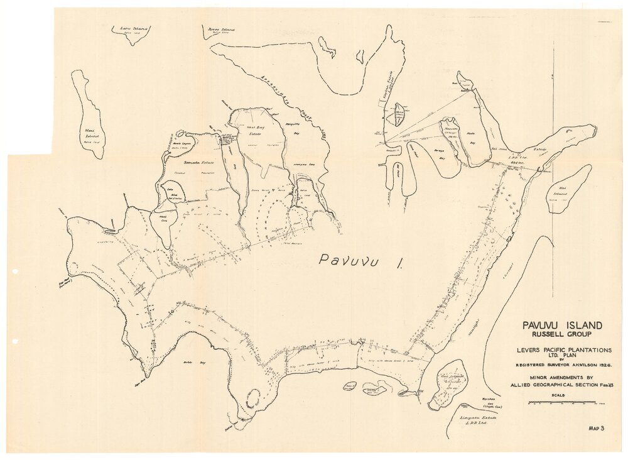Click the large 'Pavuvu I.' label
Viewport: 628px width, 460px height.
click(361, 261)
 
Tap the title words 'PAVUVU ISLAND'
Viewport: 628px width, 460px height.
click(561, 326)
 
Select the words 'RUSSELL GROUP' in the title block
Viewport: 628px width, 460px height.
click(561, 335)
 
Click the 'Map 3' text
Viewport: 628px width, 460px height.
click(596, 429)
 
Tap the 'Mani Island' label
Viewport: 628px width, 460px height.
click(89, 134)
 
